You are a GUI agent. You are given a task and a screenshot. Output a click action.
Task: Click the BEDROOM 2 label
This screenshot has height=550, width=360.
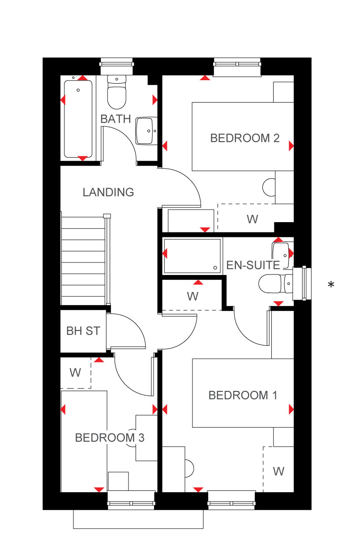[244, 138]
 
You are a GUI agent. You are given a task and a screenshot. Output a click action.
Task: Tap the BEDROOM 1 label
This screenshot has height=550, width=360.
[243, 395]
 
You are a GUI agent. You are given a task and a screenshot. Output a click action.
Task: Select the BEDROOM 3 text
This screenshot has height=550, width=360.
[110, 438]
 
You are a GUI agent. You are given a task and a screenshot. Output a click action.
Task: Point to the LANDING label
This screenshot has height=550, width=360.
[108, 192]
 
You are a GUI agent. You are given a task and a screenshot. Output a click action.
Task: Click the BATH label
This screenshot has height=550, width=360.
[116, 119]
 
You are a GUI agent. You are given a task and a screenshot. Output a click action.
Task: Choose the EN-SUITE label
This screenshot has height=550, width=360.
[253, 265]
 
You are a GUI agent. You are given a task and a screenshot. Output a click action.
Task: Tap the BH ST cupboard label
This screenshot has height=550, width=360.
[83, 331]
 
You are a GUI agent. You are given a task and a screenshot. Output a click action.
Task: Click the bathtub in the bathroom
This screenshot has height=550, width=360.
[78, 119]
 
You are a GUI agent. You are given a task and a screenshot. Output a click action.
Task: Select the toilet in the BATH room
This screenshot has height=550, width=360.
[117, 92]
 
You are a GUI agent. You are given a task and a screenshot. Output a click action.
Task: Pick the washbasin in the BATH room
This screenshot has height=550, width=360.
[146, 131]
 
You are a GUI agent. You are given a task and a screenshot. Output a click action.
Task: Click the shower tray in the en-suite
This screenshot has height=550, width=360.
[193, 256]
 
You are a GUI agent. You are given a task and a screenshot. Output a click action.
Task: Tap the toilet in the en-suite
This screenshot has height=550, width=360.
[275, 284]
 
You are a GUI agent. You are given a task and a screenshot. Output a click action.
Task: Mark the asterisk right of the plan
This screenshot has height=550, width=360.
[331, 284]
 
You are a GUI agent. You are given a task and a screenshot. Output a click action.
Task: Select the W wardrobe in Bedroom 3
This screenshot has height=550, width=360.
[76, 373]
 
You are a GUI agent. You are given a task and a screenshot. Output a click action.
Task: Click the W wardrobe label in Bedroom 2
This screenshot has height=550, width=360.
[253, 219]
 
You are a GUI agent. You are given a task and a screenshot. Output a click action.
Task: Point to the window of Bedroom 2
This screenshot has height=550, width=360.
[237, 67]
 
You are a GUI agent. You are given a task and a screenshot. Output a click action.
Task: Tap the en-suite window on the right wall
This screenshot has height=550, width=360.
[302, 283]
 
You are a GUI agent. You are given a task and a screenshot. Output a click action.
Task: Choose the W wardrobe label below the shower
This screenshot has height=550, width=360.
[193, 296]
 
